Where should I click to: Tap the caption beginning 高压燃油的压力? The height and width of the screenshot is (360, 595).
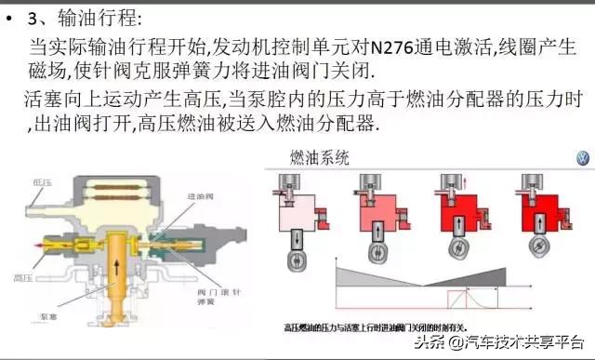(x=390, y=328)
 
